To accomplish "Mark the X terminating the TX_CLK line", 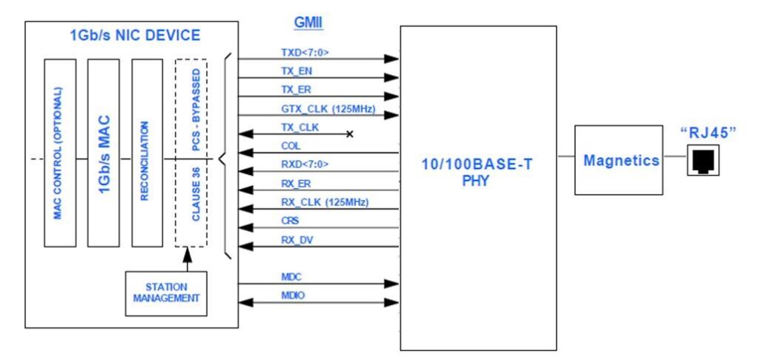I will pos(349,134).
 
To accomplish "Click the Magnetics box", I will pos(619,160).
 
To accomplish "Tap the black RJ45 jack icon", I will pos(701,161).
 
